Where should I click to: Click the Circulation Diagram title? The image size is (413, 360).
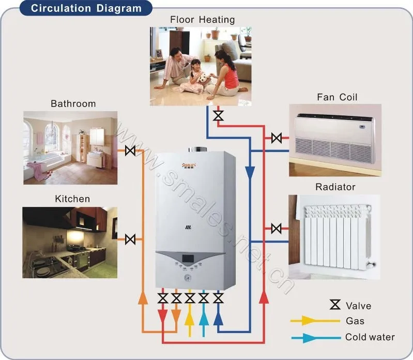86,8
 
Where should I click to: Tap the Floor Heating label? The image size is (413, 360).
202,20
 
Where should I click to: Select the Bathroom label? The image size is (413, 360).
73,103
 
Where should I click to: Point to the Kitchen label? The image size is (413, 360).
72,199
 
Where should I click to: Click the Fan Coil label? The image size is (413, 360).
337,97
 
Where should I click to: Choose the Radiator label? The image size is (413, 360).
335,186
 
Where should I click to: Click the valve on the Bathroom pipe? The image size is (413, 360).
130,151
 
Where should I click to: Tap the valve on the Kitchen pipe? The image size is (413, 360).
130,239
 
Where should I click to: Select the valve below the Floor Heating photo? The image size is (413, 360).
219,115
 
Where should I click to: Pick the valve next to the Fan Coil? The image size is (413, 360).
277,138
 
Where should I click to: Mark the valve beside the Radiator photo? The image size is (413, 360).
277,228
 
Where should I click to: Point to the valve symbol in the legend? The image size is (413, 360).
335,305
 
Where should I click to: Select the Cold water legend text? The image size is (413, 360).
370,337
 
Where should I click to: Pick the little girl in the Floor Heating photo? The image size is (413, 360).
196,72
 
